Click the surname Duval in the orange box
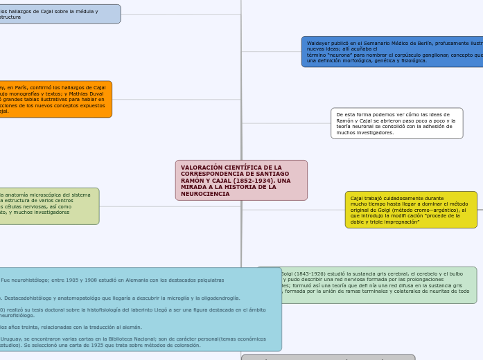point(96,93)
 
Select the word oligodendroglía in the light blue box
point(216,298)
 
